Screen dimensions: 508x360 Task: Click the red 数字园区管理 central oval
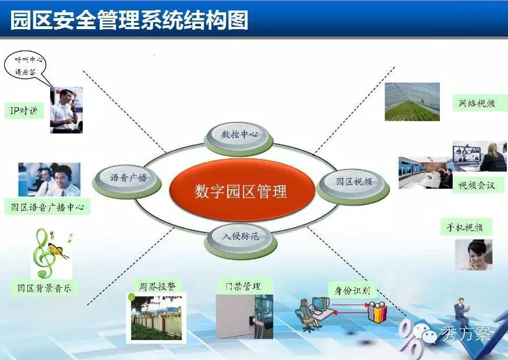click(242, 190)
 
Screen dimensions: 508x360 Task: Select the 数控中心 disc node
click(239, 139)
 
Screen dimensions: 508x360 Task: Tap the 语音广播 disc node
click(126, 182)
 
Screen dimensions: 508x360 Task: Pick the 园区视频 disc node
click(353, 186)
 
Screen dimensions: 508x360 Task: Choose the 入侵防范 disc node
click(241, 241)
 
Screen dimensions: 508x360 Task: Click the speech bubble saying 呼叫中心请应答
click(25, 66)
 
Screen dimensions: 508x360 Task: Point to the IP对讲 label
click(24, 111)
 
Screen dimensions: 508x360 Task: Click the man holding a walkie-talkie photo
click(66, 110)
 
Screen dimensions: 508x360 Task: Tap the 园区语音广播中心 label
click(47, 207)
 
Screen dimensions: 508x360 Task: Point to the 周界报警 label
click(157, 287)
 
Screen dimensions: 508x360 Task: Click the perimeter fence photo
click(156, 318)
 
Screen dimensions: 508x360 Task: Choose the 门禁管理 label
click(244, 287)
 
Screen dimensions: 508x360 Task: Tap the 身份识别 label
click(352, 290)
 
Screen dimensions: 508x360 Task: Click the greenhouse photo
click(412, 102)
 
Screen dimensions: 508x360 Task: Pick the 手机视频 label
click(465, 227)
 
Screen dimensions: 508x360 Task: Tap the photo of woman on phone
click(474, 255)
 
